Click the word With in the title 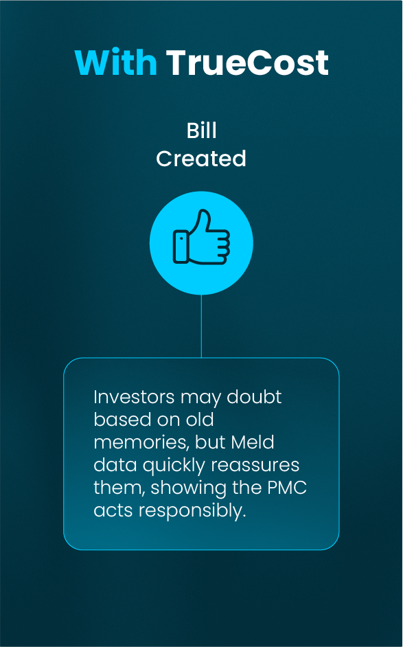coord(116,63)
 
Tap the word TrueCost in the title coord(247,63)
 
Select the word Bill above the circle coord(201,131)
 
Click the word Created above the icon coord(201,159)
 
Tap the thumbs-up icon coord(201,237)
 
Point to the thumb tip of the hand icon coord(203,212)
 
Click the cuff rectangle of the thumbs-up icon coord(181,247)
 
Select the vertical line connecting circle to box coord(201,326)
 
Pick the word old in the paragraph coord(201,420)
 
